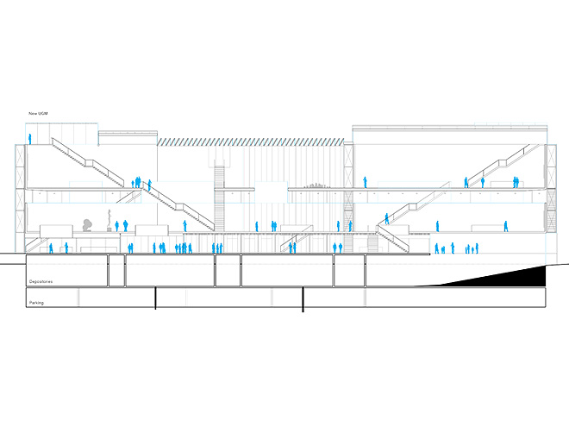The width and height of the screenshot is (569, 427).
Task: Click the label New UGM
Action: coord(38,114)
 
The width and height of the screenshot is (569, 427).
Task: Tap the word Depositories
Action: coord(41,282)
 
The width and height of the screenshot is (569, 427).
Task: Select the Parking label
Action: coord(36,303)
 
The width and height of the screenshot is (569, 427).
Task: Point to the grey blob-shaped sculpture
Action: coord(87,225)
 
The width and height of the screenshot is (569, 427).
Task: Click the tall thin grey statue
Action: coord(109,220)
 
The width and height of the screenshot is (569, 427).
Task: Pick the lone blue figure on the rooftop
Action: coord(30,139)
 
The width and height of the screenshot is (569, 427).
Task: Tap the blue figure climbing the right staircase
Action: coord(387,219)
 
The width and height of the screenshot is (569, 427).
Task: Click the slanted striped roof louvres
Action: coord(250,141)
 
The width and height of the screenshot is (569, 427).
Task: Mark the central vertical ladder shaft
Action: coord(220,198)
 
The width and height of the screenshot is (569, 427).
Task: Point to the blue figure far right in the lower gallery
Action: coord(505,226)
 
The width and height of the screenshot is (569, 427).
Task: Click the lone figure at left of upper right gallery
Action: coord(365,182)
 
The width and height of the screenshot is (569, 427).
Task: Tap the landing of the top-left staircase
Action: coord(88,163)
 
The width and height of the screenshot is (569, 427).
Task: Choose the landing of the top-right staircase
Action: coord(503,163)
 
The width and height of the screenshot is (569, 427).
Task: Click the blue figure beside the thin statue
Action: coord(117,226)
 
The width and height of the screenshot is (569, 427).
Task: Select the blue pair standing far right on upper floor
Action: coord(516,182)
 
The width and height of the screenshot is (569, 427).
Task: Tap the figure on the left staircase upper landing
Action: coord(149,185)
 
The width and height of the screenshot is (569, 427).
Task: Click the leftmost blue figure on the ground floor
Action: coord(51,248)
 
